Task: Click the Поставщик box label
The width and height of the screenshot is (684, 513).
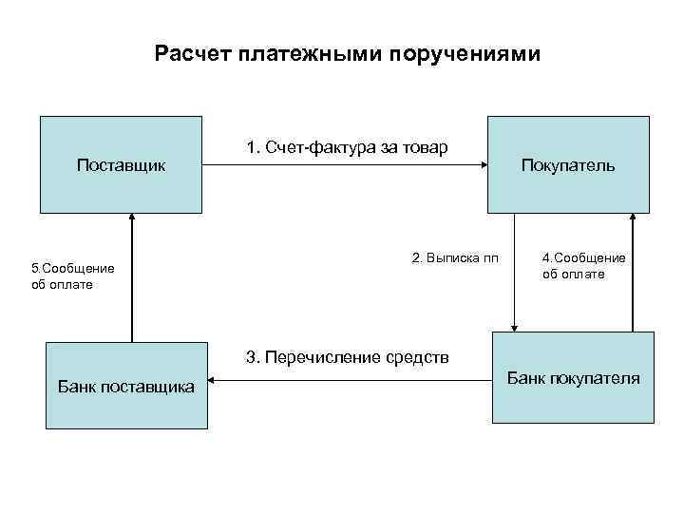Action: [121, 165]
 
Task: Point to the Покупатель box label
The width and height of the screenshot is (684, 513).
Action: [568, 165]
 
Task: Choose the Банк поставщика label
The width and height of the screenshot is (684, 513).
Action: [125, 387]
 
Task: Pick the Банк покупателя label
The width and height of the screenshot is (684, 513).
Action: [573, 378]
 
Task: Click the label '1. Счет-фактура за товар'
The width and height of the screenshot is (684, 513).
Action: [347, 147]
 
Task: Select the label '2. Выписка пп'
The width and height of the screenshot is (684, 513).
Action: [454, 257]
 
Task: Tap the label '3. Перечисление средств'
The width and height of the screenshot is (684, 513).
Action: [347, 357]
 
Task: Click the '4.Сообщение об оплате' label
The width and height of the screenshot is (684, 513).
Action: [583, 266]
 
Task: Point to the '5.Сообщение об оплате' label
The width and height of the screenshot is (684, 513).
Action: [73, 276]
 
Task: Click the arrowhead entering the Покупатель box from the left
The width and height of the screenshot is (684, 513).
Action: [483, 165]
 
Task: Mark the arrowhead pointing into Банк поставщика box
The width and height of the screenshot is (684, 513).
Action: [213, 381]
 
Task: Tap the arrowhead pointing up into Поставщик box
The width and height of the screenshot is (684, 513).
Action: [132, 218]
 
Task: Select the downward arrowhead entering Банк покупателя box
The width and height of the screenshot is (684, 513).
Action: [514, 326]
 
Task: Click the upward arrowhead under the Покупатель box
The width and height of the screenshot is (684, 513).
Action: [630, 218]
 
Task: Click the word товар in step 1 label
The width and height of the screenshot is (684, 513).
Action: [426, 147]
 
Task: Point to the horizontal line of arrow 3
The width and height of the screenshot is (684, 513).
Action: [351, 381]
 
